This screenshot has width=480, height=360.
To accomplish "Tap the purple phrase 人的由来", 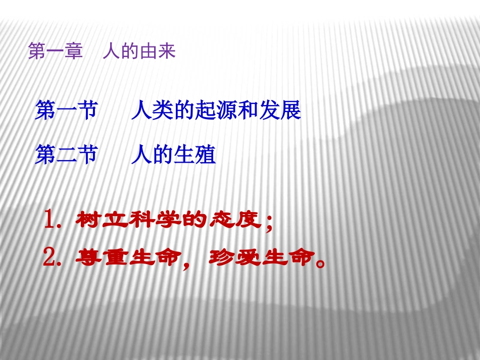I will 139,52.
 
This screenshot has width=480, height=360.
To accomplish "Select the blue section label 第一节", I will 66,111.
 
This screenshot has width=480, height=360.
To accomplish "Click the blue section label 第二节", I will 66,155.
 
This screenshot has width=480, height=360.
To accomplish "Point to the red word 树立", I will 98,221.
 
